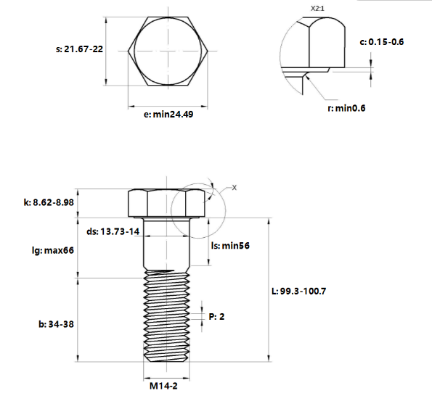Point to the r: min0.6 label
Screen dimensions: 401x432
pos(346,108)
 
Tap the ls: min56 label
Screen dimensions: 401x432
pos(230,246)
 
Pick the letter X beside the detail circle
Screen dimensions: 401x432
pos(235,187)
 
